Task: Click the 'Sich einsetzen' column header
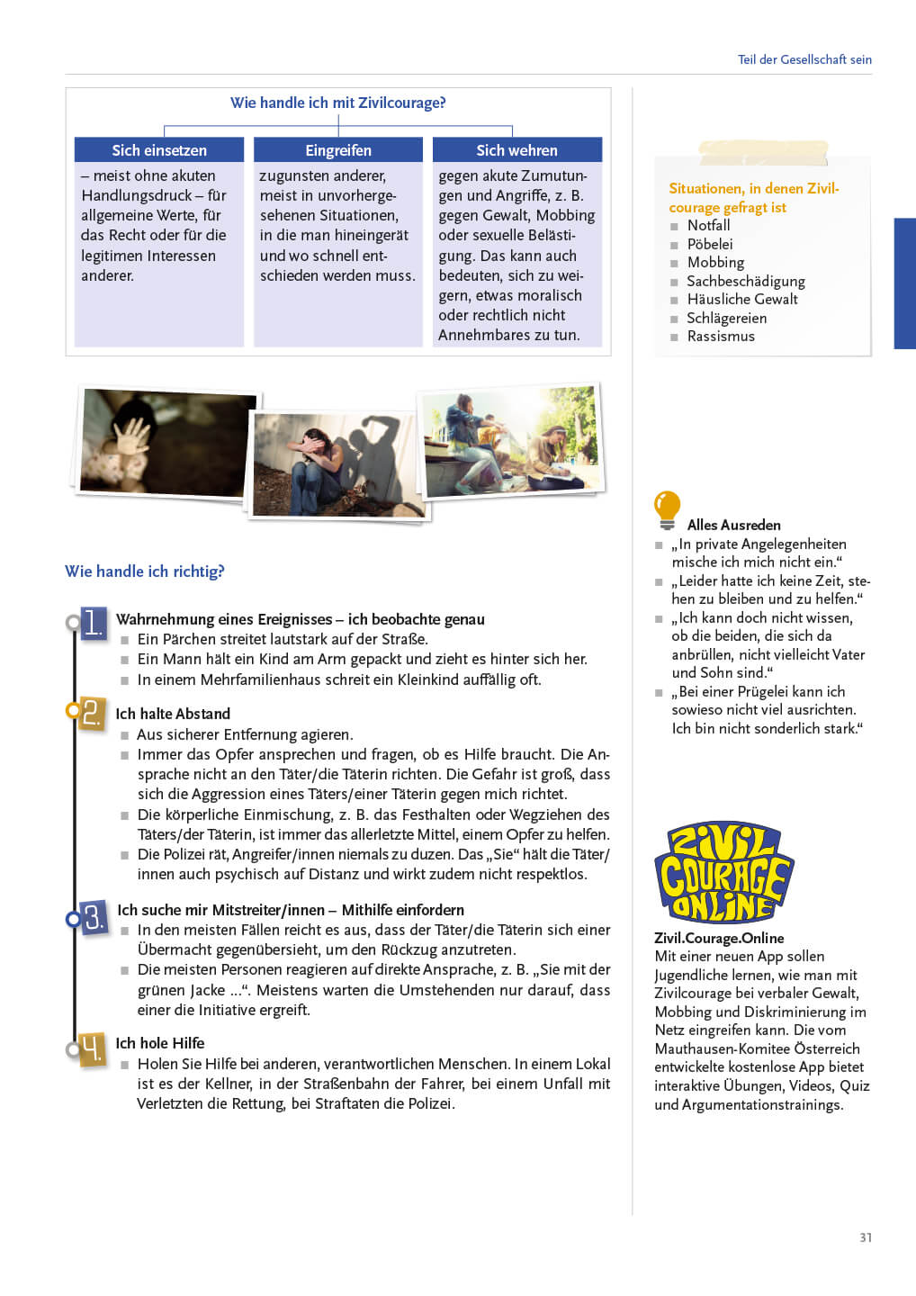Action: [x=159, y=150]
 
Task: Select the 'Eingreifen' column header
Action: [x=338, y=150]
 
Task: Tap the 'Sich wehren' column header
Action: [x=516, y=150]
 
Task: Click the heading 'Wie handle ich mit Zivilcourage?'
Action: [x=337, y=103]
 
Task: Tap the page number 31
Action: [x=866, y=1237]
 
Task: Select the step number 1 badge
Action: [x=93, y=623]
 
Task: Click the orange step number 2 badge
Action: [x=92, y=713]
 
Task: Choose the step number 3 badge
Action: [x=94, y=918]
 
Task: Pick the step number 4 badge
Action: [x=92, y=1048]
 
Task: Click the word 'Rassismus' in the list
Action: [x=721, y=337]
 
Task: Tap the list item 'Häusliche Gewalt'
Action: [x=742, y=300]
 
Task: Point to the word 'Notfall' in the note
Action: [x=708, y=226]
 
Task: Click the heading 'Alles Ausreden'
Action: [x=733, y=525]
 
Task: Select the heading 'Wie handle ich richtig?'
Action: [x=145, y=571]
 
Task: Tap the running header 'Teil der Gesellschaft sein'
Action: [x=804, y=59]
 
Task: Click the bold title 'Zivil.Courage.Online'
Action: [x=719, y=938]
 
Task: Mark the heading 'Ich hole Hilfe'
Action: [x=160, y=1043]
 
